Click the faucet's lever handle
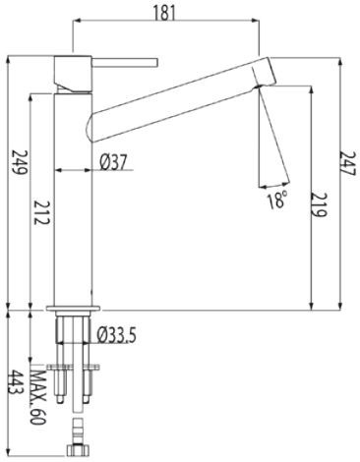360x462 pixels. point(122,63)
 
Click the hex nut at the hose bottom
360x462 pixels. point(76,453)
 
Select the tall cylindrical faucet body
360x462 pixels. point(75,197)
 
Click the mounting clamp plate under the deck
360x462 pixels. point(77,369)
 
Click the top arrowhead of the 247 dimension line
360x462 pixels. point(341,61)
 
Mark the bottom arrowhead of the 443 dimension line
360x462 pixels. point(9,454)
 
